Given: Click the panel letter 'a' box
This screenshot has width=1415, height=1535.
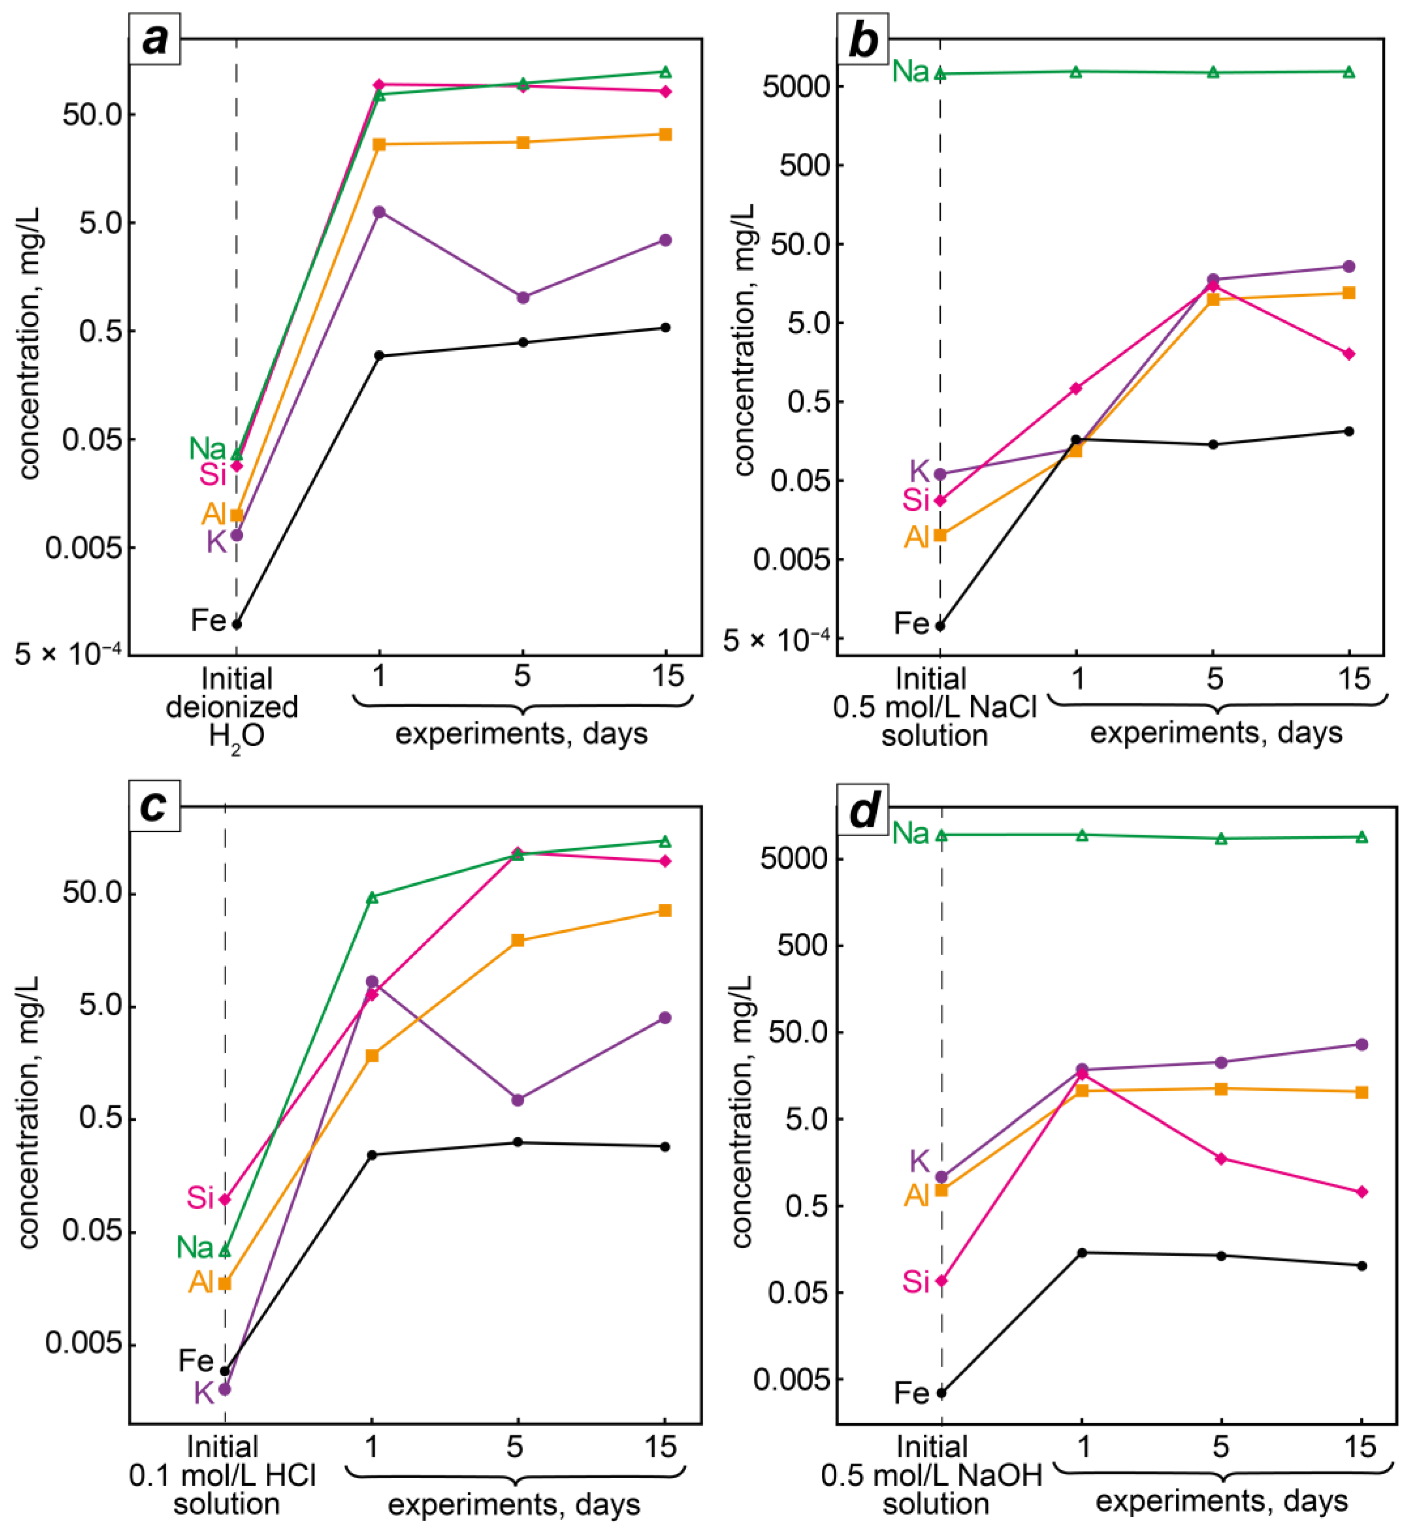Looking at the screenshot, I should (154, 38).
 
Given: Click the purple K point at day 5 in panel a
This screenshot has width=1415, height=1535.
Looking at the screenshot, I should (523, 297).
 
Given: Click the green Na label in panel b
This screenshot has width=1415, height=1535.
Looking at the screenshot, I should (910, 72).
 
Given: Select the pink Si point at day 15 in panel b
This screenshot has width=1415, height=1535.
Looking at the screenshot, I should (1349, 354).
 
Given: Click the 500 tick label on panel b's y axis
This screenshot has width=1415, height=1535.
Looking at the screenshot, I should (805, 165).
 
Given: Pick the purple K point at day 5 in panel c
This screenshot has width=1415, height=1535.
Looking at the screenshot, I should (518, 1100).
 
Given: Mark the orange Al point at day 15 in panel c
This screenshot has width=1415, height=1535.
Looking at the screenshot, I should (665, 910).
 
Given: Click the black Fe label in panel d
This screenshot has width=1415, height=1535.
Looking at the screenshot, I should (911, 1393).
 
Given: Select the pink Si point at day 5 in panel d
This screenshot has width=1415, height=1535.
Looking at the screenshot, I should (1221, 1158).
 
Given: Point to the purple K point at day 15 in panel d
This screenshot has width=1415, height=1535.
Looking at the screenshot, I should (1361, 1044).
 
